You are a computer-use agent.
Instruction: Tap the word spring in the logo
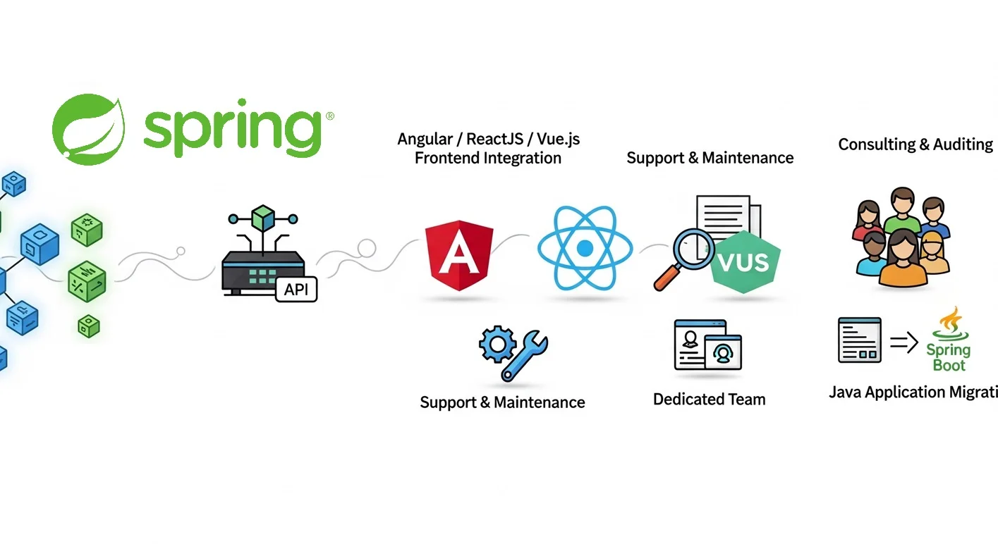coord(233,130)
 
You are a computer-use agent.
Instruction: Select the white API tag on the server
coord(296,290)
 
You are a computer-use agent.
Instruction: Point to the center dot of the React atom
coord(584,249)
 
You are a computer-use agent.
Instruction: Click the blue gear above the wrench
coord(496,345)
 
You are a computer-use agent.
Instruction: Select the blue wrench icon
coord(525,355)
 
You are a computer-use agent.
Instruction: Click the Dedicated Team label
coord(709,400)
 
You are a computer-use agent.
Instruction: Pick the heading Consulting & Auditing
coord(915,144)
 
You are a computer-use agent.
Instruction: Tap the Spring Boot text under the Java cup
coord(949,357)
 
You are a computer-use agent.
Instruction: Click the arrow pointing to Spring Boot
coord(903,342)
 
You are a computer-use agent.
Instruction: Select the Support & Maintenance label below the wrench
coord(502,402)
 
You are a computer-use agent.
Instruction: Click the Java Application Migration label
coord(913,392)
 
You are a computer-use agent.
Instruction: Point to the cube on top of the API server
coord(262,216)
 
